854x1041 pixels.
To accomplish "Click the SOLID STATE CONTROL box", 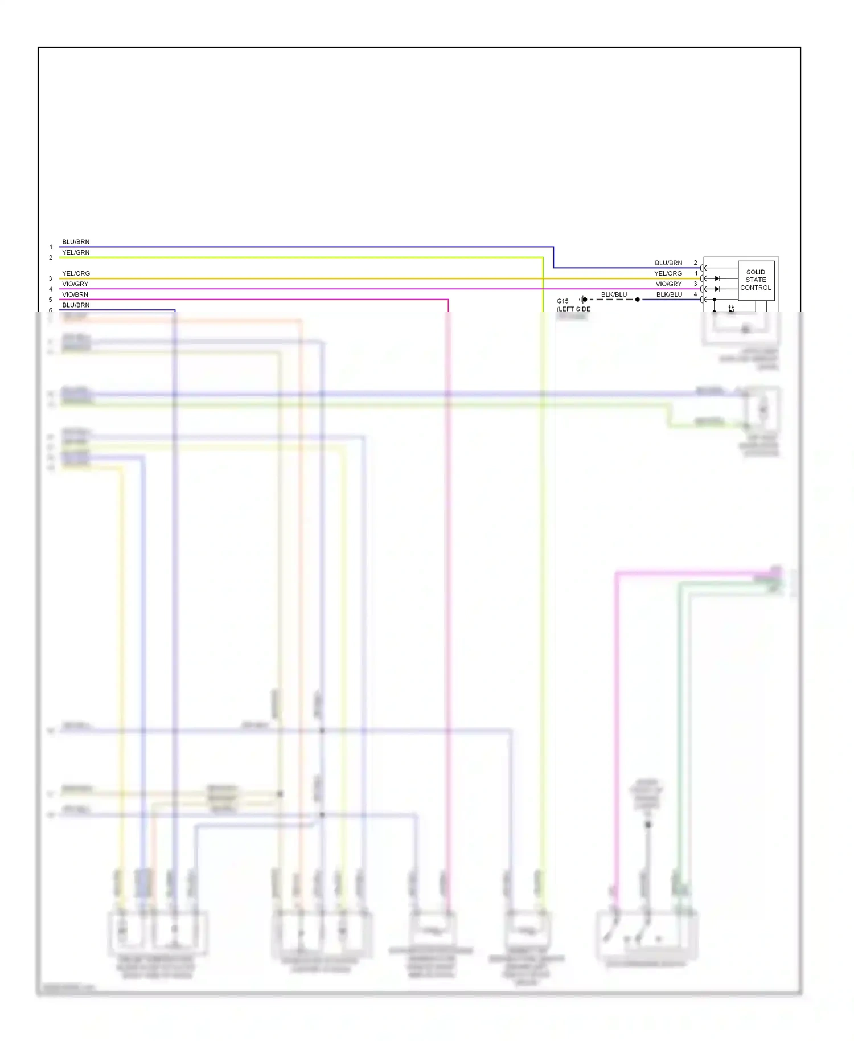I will [756, 280].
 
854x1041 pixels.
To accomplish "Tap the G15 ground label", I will [563, 301].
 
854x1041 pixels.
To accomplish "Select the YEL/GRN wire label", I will [76, 252].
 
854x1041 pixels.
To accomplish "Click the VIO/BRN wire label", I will [75, 294].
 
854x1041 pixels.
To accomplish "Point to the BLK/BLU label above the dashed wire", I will [614, 294].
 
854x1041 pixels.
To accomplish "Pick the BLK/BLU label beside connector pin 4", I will [669, 294].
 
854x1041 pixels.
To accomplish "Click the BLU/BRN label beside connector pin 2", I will [668, 263].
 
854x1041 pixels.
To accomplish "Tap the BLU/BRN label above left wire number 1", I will [76, 242].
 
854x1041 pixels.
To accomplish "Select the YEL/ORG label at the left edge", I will [76, 273].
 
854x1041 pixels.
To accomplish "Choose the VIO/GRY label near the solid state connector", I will [668, 284].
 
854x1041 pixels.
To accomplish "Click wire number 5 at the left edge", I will [51, 300].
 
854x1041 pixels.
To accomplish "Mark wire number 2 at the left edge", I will [51, 257].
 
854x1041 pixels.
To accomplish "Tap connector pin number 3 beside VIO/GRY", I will [695, 284].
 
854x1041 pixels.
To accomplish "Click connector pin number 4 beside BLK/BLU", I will [695, 294].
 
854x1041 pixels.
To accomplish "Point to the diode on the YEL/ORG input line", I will [717, 278].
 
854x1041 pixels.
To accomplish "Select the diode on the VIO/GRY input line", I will [717, 289].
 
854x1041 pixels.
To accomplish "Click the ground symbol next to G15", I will [582, 300].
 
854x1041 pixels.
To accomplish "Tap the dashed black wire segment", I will [611, 300].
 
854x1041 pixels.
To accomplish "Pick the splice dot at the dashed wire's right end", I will [638, 300].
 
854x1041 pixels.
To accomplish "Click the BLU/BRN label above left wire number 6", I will [76, 305].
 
